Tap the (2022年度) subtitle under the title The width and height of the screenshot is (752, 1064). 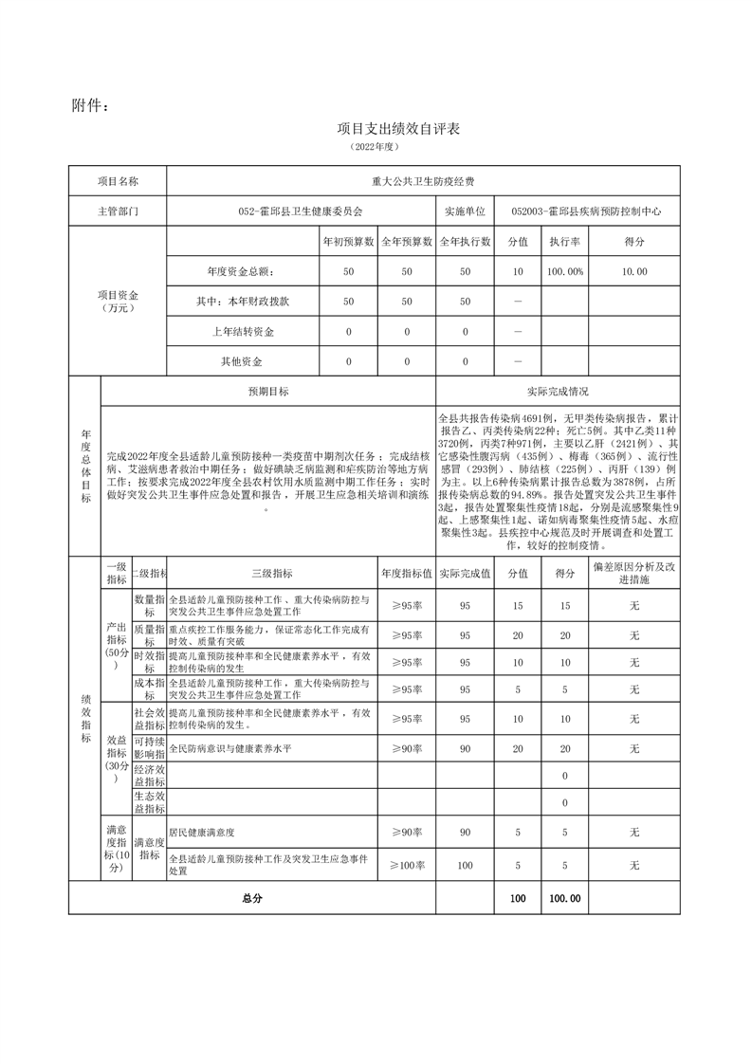(376, 148)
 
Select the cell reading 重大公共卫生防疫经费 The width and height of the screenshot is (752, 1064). (423, 180)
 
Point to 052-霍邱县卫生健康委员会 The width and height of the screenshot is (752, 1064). (301, 211)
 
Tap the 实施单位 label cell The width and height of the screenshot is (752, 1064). (465, 211)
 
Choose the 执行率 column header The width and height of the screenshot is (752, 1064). (564, 242)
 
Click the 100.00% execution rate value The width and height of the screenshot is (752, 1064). (564, 271)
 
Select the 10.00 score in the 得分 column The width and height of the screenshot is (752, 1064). (634, 271)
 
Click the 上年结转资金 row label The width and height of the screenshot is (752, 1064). (243, 332)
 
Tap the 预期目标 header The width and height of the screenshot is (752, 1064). (268, 391)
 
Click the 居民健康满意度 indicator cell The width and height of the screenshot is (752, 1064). (201, 833)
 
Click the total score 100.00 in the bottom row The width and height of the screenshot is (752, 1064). (564, 898)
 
